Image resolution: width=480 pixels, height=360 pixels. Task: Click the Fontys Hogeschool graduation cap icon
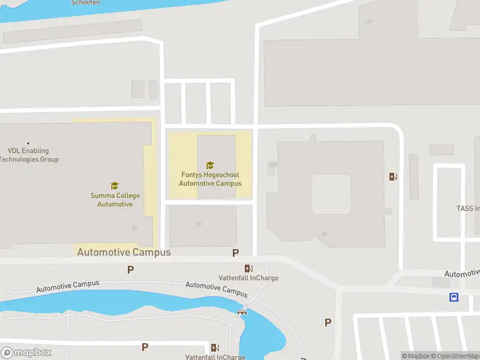(210, 165)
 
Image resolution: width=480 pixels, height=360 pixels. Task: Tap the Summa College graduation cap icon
(115, 186)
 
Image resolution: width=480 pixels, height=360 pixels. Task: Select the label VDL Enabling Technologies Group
(29, 155)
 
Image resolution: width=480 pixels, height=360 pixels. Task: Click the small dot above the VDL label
(28, 143)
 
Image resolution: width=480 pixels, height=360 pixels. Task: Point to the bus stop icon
(454, 297)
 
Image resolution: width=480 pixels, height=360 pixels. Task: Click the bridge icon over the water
(242, 311)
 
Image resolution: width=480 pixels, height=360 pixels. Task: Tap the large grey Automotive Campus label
(124, 253)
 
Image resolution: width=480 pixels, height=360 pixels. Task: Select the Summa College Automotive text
(115, 200)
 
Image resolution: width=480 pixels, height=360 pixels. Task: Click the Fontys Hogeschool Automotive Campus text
(210, 179)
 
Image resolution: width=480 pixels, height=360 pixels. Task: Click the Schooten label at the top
(86, 3)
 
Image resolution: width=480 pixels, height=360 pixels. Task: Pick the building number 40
(199, 224)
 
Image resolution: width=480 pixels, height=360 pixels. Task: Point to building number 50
(134, 227)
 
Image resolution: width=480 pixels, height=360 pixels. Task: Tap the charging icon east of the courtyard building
(394, 176)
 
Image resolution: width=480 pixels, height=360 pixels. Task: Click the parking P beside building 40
(236, 253)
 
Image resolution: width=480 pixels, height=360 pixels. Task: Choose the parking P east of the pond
(328, 323)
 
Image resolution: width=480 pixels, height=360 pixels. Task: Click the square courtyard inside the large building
(330, 194)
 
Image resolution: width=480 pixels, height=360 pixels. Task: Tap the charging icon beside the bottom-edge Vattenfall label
(215, 347)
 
